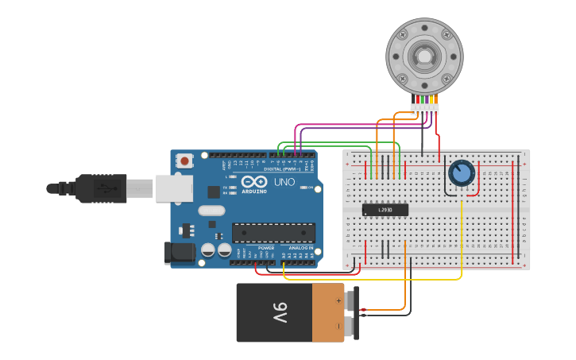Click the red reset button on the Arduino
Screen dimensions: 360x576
(x=184, y=161)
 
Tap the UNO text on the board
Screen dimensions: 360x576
(x=284, y=182)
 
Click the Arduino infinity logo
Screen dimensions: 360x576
(x=255, y=183)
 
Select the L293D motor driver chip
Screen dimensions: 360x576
(x=385, y=210)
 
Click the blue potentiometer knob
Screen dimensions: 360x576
(x=461, y=172)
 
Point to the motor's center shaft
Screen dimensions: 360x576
(x=423, y=56)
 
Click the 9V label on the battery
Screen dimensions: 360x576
(x=280, y=312)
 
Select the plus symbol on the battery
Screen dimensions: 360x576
(x=338, y=301)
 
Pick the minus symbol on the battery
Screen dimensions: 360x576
(x=338, y=325)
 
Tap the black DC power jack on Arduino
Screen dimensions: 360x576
(x=179, y=253)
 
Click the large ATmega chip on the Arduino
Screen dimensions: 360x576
(x=273, y=232)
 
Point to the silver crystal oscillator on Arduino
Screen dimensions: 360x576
(x=211, y=211)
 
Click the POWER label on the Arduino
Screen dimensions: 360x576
(x=265, y=248)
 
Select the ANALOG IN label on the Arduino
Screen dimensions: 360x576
(x=300, y=248)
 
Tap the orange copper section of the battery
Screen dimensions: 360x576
(x=328, y=312)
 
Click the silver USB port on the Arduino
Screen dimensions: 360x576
(x=173, y=188)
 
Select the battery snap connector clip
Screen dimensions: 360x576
(x=356, y=312)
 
